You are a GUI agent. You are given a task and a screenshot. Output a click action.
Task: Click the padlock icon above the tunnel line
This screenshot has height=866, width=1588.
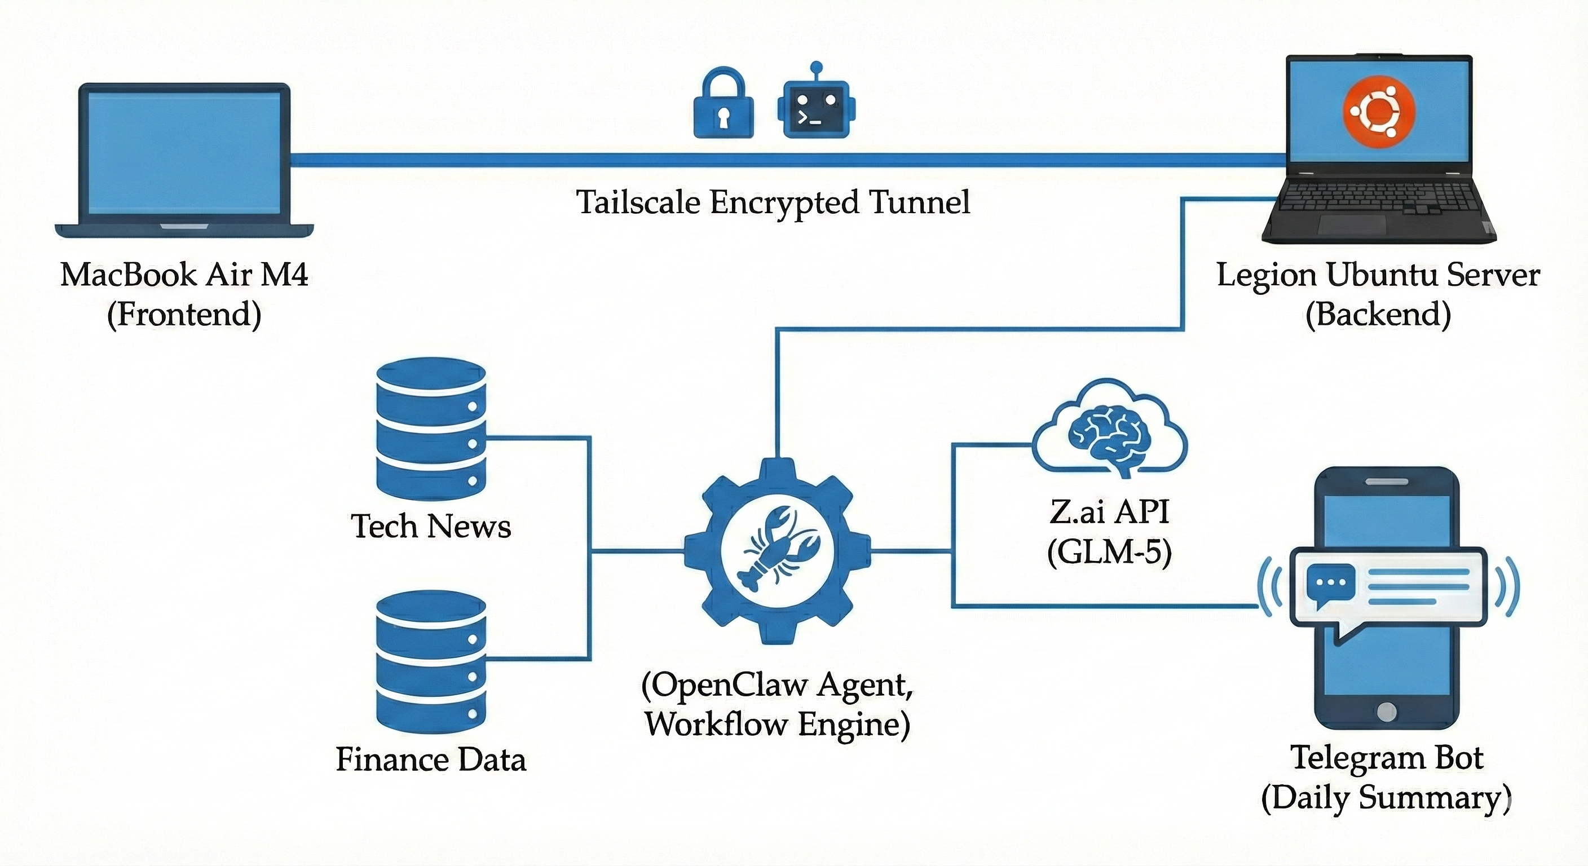point(724,106)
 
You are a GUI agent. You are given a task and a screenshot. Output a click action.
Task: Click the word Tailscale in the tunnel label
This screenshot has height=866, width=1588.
point(637,202)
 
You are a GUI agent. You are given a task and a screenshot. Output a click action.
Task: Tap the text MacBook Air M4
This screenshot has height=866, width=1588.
point(184,275)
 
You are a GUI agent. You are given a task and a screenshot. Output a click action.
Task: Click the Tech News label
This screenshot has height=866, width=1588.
point(430,527)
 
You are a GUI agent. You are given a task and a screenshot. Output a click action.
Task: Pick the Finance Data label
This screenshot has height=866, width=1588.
point(430,759)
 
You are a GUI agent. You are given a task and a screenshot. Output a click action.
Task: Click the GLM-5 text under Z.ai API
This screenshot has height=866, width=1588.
point(1109,551)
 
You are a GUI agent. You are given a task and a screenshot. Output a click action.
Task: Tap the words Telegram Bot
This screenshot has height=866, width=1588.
point(1387,758)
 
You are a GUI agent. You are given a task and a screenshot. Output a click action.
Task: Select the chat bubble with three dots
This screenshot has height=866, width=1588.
point(1330,583)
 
